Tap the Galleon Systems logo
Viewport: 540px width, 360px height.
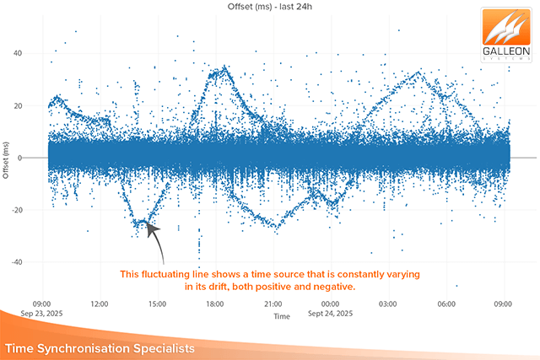pyautogui.click(x=508, y=36)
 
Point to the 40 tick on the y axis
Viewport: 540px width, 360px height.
pyautogui.click(x=40, y=53)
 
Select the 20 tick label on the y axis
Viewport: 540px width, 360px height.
pyautogui.click(x=40, y=105)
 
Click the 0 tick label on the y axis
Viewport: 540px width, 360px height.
pyautogui.click(x=42, y=158)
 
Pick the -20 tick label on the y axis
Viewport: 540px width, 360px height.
pyautogui.click(x=38, y=210)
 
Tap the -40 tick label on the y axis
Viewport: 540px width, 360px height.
pyautogui.click(x=38, y=262)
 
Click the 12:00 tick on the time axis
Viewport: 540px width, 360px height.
pyautogui.click(x=100, y=304)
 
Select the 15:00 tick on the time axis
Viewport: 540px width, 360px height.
pyautogui.click(x=157, y=304)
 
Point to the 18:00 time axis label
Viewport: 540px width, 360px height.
pyautogui.click(x=214, y=304)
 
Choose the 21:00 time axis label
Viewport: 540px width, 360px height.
pyautogui.click(x=272, y=304)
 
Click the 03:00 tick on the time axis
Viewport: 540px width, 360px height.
pyautogui.click(x=388, y=304)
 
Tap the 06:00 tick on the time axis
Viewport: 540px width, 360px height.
pyautogui.click(x=445, y=304)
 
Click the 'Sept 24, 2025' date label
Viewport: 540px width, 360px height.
pyautogui.click(x=330, y=314)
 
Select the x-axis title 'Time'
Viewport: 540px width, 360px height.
pyautogui.click(x=281, y=316)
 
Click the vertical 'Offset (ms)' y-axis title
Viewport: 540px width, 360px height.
pyautogui.click(x=8, y=158)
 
